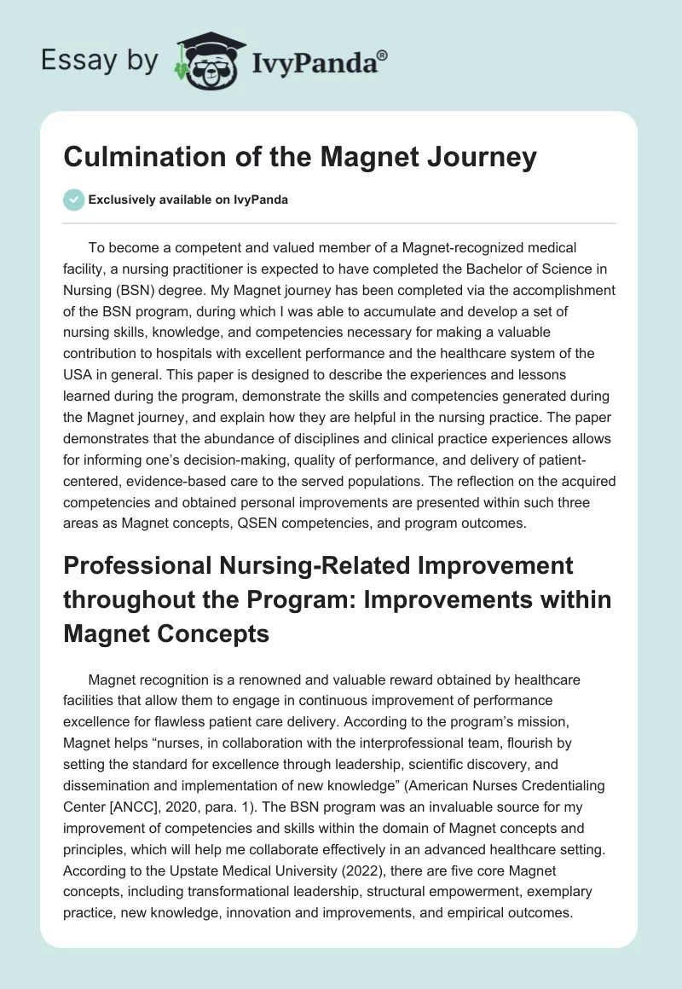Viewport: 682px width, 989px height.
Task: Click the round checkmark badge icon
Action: click(74, 200)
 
